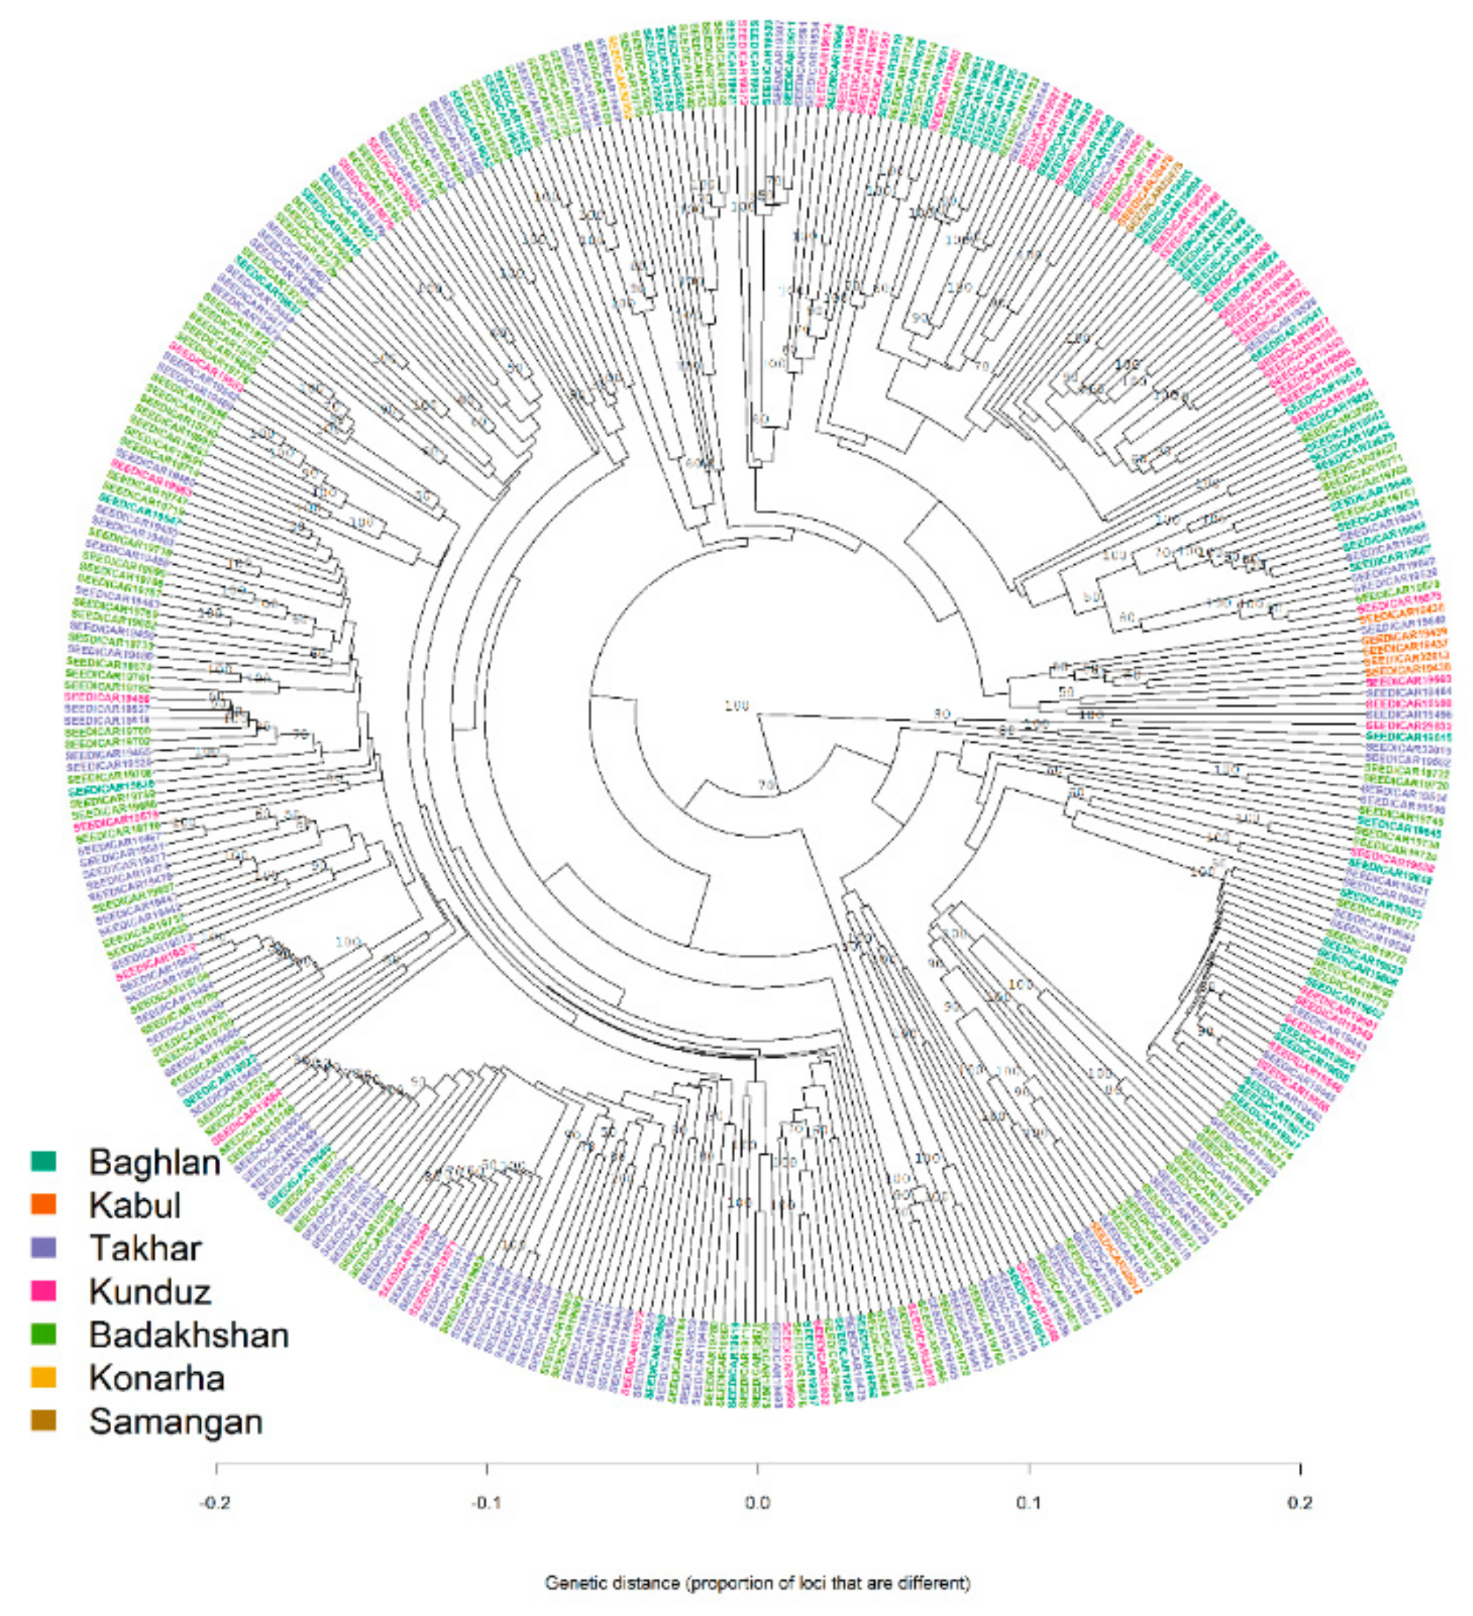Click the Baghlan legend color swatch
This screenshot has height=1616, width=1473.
click(x=42, y=1160)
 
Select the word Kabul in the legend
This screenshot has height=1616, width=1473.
click(x=135, y=1204)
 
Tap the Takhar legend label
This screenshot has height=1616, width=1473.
click(x=145, y=1248)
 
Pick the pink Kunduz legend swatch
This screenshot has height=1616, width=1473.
click(x=42, y=1291)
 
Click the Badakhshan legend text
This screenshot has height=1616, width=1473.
click(x=189, y=1334)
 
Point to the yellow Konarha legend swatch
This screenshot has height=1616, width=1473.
click(x=42, y=1377)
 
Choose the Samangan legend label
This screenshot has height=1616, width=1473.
click(x=176, y=1421)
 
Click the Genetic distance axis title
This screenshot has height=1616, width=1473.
click(x=757, y=1583)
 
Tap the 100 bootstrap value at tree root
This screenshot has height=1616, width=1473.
click(x=736, y=706)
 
